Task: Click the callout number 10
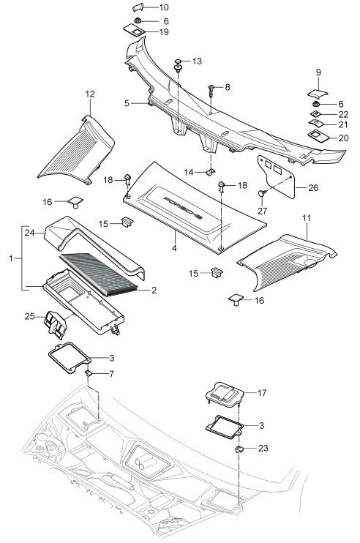[x=164, y=7]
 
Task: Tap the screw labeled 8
[x=211, y=91]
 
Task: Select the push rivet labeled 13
[x=179, y=65]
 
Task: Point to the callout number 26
[x=313, y=187]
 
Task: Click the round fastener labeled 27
[x=262, y=193]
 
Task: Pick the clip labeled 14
[x=211, y=172]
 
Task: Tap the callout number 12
[x=90, y=94]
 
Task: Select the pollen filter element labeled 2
[x=98, y=275]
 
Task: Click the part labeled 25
[x=55, y=323]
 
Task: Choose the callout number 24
[x=29, y=233]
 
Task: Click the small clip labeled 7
[x=88, y=373]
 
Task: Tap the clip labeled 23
[x=239, y=449]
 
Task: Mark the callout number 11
[x=307, y=218]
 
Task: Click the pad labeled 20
[x=318, y=136]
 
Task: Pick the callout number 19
[x=164, y=32]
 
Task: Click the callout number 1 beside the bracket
[x=11, y=258]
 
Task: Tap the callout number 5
[x=127, y=103]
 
